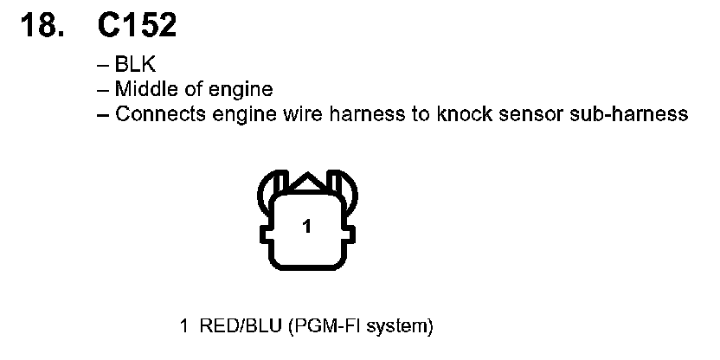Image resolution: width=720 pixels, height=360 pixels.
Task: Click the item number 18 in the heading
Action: [41, 25]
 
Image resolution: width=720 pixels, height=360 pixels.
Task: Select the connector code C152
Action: [138, 25]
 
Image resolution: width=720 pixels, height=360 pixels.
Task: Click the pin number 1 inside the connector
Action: [306, 228]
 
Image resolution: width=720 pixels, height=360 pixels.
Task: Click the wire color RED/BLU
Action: [231, 326]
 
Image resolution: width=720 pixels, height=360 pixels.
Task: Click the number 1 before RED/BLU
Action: [184, 326]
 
